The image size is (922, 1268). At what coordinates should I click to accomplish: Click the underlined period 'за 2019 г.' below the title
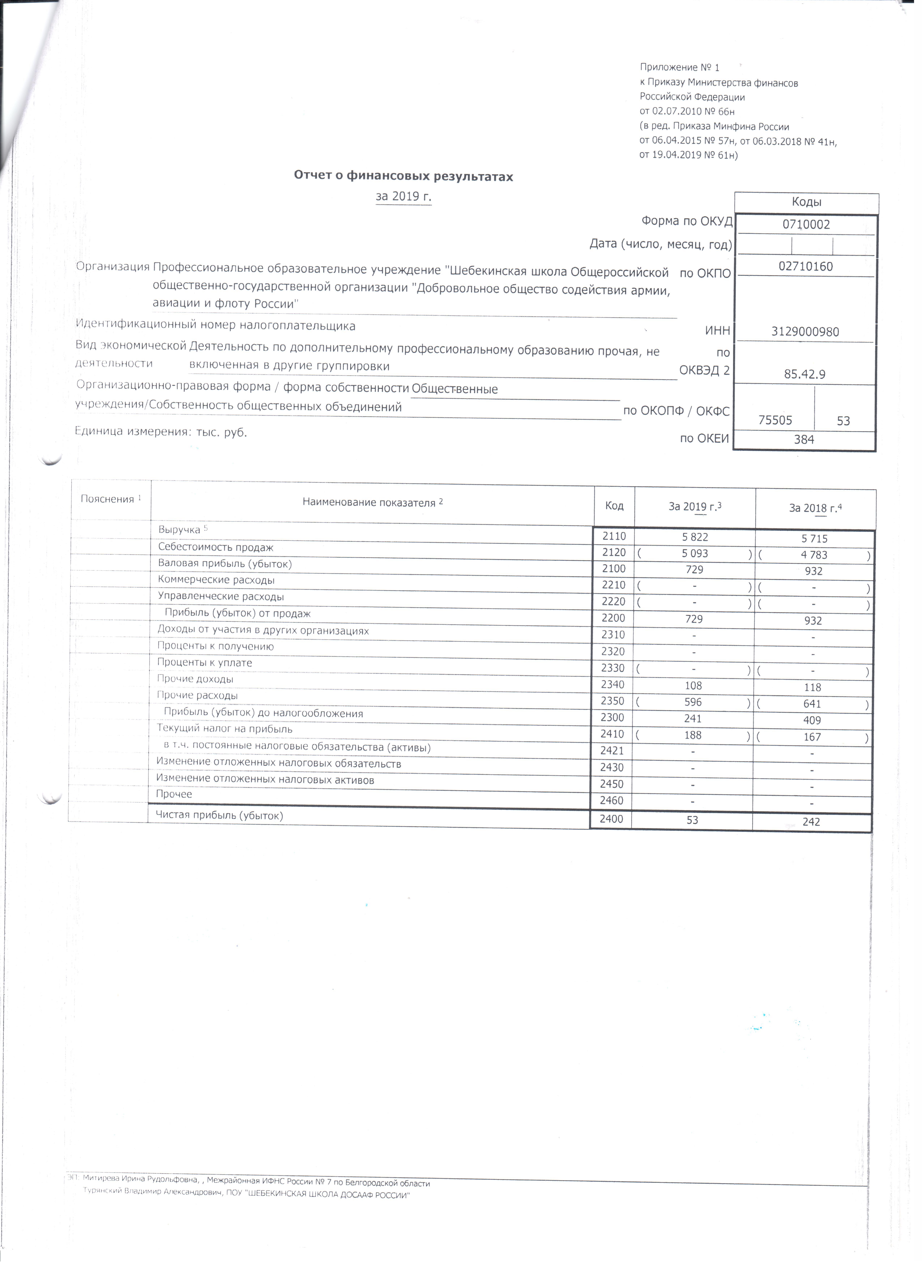404,197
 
